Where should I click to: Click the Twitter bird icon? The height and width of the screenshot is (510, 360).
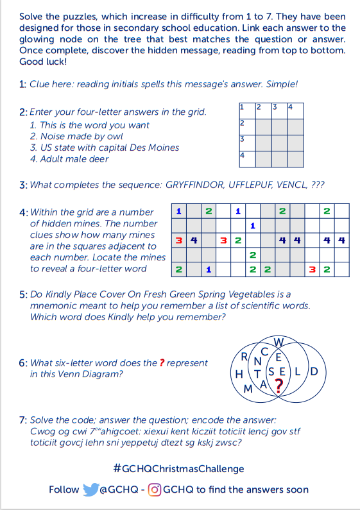91,489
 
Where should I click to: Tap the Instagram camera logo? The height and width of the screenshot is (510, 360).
155,490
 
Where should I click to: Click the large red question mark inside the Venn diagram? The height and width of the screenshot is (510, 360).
279,386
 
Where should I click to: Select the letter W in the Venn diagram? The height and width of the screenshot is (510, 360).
279,342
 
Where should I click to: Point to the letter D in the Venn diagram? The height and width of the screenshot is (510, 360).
314,371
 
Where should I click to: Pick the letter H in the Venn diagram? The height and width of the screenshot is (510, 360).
239,374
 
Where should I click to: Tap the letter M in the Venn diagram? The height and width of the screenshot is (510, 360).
248,389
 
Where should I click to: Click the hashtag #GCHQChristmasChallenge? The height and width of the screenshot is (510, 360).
178,469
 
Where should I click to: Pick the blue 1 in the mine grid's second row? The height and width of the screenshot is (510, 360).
253,226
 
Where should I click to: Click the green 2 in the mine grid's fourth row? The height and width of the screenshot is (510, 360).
253,255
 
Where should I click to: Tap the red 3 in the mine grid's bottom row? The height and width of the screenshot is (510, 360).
312,269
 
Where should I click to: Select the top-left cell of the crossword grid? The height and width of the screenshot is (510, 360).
247,111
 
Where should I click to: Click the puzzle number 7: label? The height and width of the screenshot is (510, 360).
23,420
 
